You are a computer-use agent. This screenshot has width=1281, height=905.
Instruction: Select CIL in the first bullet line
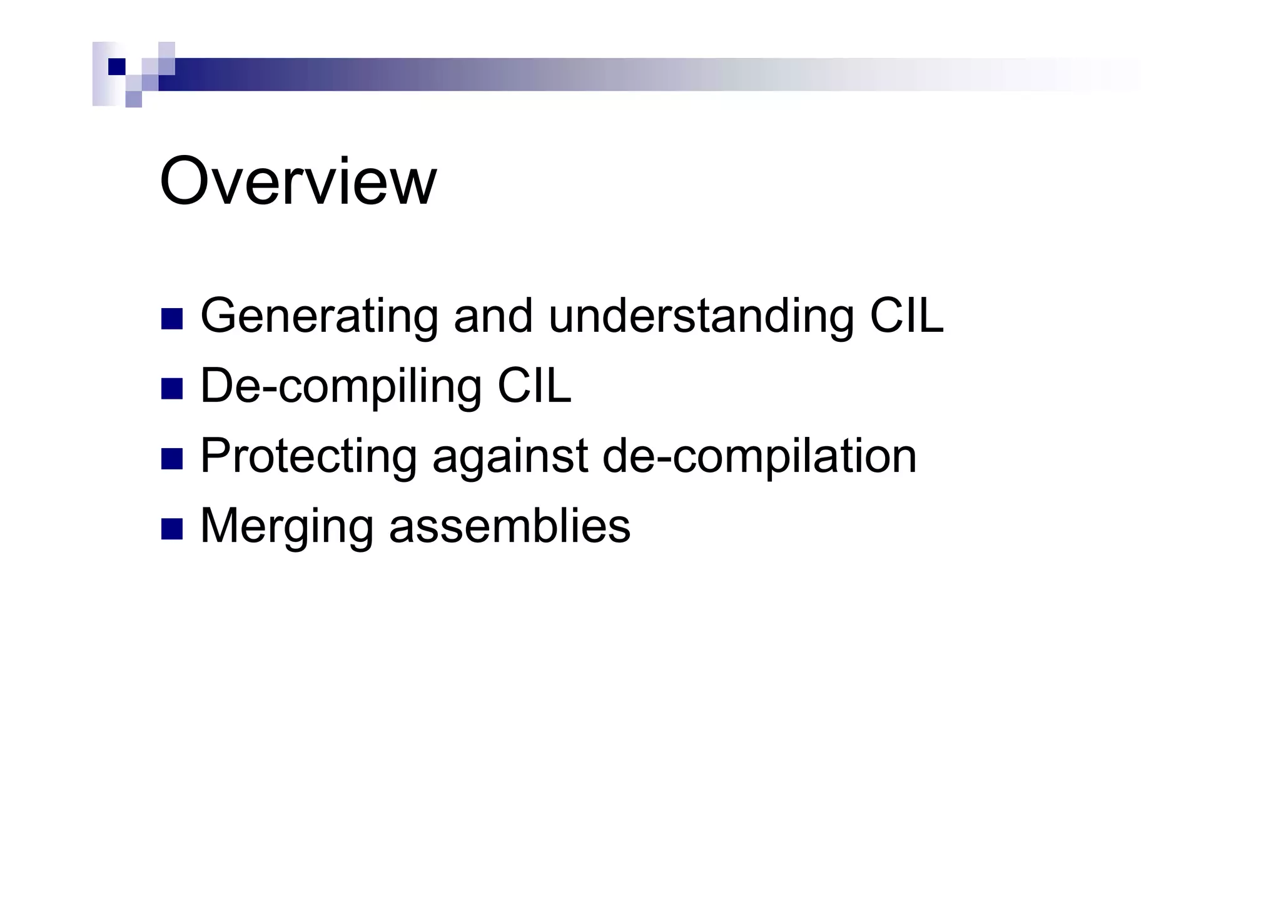(x=906, y=316)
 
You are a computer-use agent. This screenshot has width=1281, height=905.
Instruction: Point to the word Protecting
(x=308, y=457)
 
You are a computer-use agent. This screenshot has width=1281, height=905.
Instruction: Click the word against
(x=510, y=457)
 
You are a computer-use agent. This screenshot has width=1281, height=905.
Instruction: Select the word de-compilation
(x=759, y=457)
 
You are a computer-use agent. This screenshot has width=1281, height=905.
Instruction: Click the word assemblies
(x=510, y=526)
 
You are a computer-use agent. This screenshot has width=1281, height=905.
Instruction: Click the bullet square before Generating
(x=172, y=319)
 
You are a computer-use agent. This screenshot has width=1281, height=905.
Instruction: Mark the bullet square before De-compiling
(x=172, y=389)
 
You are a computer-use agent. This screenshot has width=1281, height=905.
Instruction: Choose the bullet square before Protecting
(x=172, y=459)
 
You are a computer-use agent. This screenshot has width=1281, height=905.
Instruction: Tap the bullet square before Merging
(x=172, y=529)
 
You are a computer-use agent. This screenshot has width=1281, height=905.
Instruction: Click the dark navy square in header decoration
(x=117, y=66)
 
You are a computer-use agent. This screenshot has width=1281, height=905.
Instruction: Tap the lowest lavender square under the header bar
(x=134, y=99)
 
